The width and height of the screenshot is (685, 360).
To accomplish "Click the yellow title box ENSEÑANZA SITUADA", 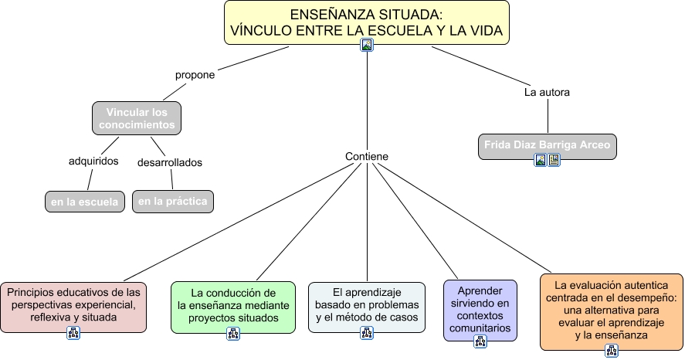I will [366, 22].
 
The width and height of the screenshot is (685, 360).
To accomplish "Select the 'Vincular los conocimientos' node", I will [136, 117].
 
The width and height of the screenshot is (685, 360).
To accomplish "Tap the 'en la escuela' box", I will [85, 202].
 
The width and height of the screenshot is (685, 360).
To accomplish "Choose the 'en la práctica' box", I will [173, 202].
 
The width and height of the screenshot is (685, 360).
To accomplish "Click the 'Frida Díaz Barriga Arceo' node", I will [547, 144].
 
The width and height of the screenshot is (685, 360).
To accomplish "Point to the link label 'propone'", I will [195, 76].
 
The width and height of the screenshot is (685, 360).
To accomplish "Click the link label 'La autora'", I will [547, 93].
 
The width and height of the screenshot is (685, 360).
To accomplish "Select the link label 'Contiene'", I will [366, 157].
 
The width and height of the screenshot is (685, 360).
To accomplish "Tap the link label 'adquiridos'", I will [93, 161].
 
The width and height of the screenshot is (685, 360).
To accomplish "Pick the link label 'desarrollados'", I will [169, 163].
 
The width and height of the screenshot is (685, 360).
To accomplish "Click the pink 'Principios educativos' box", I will [73, 304].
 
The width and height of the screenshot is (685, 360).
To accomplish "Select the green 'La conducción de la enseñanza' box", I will [232, 304].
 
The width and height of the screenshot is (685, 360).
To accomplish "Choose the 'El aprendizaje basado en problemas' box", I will [366, 304].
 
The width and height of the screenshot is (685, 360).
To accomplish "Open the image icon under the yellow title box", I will [367, 45].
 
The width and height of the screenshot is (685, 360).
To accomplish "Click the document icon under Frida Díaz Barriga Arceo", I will [554, 161].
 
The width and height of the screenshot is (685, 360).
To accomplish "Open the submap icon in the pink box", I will [73, 334].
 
